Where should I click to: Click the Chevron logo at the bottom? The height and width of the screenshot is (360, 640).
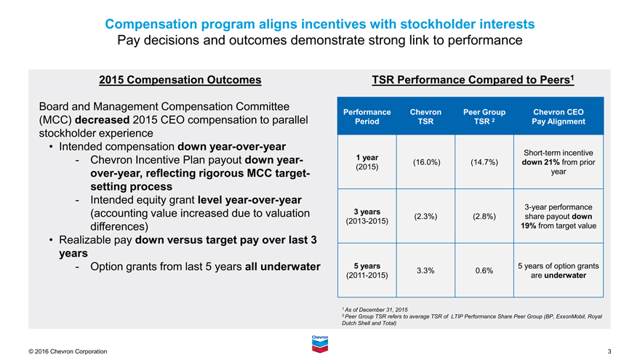320,343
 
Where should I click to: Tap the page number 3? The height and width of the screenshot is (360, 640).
609,352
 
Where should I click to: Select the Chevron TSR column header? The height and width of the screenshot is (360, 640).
425,116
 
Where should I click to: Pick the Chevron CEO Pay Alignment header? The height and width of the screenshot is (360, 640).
559,116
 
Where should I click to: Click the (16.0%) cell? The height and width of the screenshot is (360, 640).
425,161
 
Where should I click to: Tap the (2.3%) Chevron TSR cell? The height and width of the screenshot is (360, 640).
425,216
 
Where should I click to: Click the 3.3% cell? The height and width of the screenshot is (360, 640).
425,271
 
